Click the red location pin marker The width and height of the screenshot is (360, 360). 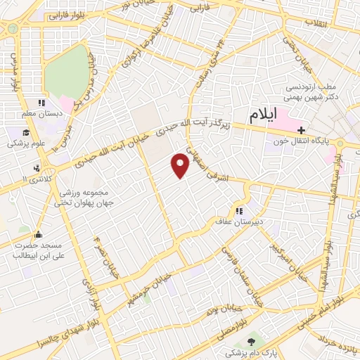181,165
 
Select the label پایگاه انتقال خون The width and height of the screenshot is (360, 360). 302,141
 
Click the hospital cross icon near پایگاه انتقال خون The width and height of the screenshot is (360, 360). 301,129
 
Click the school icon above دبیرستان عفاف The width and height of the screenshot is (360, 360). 240,210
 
